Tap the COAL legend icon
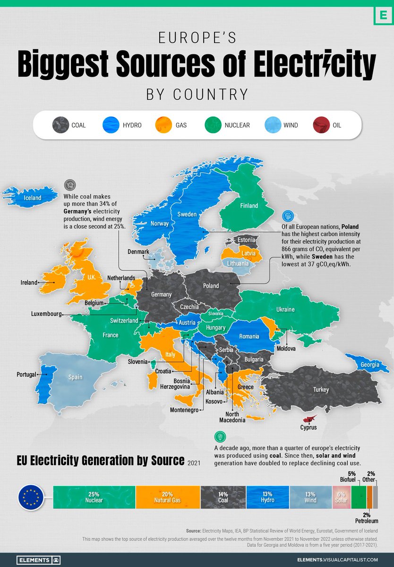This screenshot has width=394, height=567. tap(59, 125)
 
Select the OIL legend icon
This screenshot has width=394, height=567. tap(321, 125)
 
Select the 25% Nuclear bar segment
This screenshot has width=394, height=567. tap(94, 497)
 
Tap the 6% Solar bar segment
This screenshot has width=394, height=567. tap(341, 497)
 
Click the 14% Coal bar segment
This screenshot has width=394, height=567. tap(223, 497)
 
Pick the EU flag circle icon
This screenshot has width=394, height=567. tap(31, 497)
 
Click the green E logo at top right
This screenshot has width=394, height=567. tap(379, 15)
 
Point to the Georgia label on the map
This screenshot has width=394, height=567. tap(368, 365)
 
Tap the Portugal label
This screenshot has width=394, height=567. tap(26, 374)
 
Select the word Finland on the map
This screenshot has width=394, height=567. tap(248, 206)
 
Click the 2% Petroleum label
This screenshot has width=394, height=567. tap(366, 518)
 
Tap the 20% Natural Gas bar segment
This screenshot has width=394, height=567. tap(168, 497)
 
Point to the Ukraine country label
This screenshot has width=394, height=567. tap(285, 309)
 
